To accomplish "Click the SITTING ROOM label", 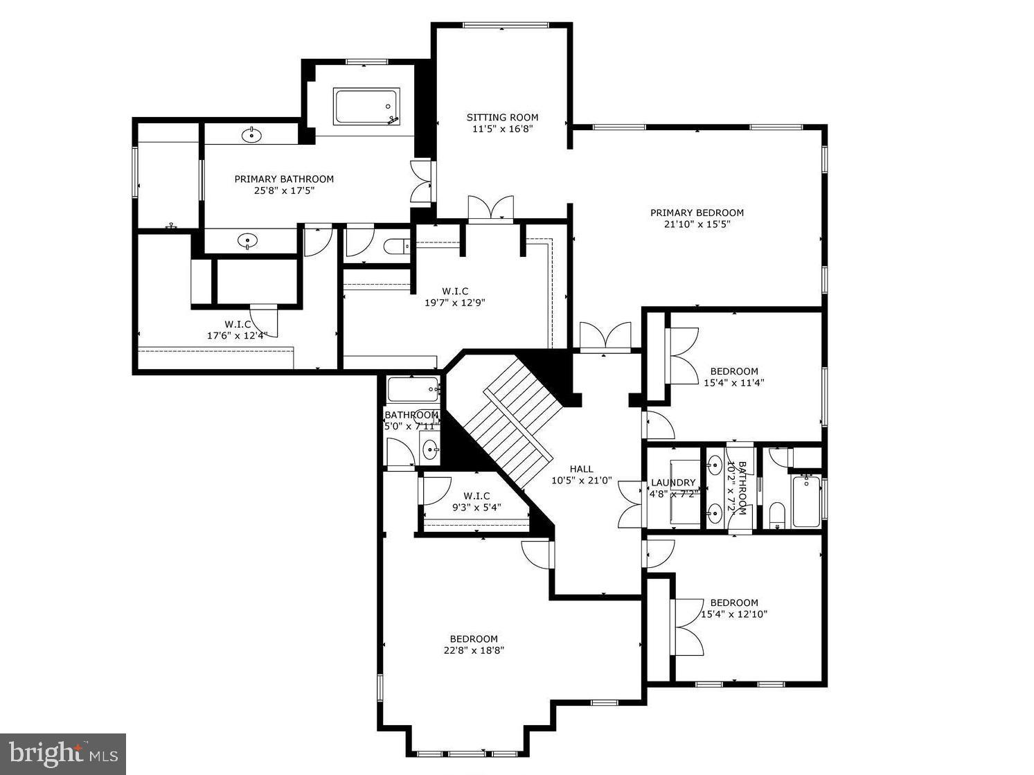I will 502,117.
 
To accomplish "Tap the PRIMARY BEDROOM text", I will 697,213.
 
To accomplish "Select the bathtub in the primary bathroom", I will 366,106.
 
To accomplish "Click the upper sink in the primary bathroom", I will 251,134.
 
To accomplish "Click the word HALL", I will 581,469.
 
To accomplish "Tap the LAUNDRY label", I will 672,483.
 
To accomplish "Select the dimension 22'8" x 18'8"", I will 474,650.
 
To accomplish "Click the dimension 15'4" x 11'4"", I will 734,382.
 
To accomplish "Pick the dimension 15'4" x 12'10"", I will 734,614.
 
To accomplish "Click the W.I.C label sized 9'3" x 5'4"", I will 476,496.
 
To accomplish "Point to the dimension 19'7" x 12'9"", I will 455,302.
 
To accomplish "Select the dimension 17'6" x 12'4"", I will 237,335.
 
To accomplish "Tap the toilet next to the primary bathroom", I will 397,246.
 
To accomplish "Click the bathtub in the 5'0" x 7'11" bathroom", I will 413,389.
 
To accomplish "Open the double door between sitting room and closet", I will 490,208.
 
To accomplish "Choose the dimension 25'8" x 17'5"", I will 284,190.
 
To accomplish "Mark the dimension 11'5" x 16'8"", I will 502,128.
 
